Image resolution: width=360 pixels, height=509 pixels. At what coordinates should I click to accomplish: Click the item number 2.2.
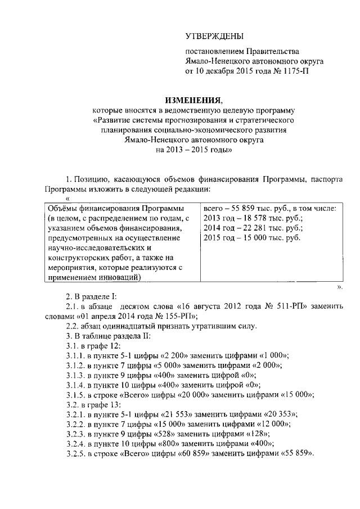point(73,326)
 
